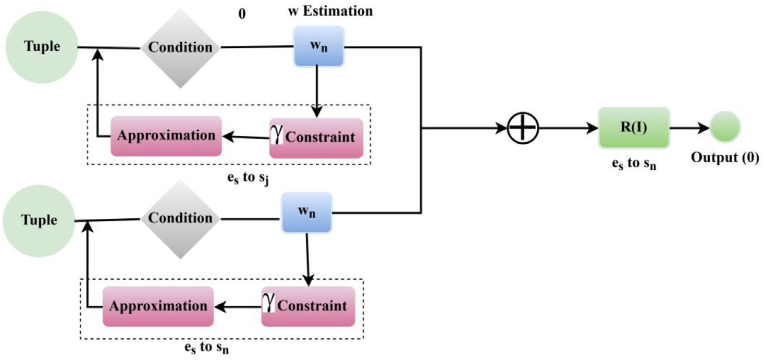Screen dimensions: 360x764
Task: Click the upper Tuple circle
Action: tap(41, 46)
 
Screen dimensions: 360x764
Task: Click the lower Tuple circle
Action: tap(39, 220)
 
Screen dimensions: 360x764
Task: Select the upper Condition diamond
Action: tap(180, 47)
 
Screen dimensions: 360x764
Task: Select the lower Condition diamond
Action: tap(180, 218)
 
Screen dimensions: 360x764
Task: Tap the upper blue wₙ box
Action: tap(318, 46)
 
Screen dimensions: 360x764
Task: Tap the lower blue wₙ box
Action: tap(306, 213)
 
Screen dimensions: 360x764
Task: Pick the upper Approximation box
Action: tap(166, 136)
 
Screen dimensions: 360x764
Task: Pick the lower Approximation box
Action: tap(158, 306)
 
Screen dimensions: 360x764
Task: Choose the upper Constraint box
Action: tap(316, 138)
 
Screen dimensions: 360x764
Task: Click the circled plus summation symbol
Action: tap(523, 127)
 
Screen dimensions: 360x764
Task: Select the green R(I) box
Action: tap(633, 127)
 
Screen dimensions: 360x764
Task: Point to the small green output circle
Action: tap(724, 127)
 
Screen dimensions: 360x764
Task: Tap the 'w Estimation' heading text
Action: tap(330, 11)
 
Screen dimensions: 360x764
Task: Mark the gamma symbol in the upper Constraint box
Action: tap(278, 135)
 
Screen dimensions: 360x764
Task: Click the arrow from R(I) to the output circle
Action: tap(688, 127)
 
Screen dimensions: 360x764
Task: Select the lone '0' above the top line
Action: tap(242, 14)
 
